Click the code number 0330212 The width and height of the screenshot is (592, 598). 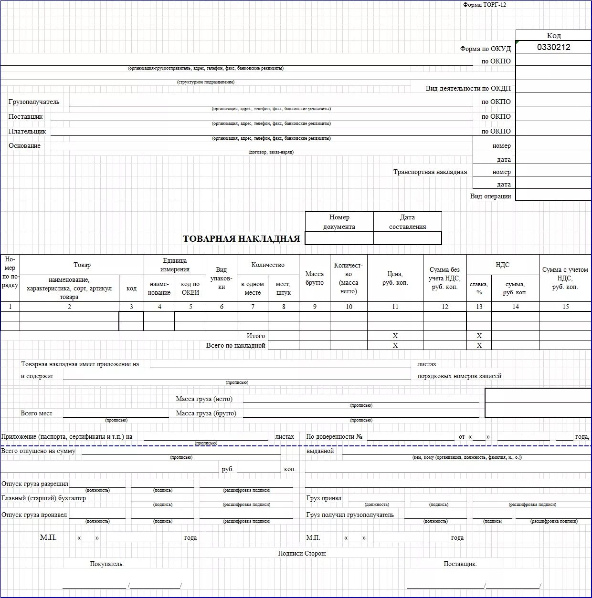[x=553, y=47]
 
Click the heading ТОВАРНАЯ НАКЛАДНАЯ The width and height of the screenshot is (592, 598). [x=242, y=239]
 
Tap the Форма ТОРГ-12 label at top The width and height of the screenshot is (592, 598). [x=484, y=5]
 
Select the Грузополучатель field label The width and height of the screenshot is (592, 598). [x=34, y=102]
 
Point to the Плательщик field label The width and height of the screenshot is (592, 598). [x=27, y=131]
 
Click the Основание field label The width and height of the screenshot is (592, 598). [x=24, y=146]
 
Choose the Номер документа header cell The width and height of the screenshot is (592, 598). [x=339, y=222]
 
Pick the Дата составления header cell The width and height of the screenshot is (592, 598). [x=407, y=222]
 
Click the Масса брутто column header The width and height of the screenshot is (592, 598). [x=315, y=278]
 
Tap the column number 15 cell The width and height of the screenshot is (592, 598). [x=565, y=307]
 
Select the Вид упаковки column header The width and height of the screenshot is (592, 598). [x=222, y=278]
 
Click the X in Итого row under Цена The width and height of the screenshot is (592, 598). [x=395, y=336]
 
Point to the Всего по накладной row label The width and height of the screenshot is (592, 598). [x=235, y=345]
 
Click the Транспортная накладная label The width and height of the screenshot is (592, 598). [x=430, y=172]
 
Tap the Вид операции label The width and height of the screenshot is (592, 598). [x=490, y=196]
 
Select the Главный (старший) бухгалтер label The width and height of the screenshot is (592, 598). [x=44, y=498]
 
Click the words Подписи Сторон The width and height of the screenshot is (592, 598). [x=302, y=554]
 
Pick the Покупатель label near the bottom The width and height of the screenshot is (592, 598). [x=107, y=564]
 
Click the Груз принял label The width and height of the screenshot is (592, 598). [x=324, y=498]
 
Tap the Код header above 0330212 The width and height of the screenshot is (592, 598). [x=554, y=35]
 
